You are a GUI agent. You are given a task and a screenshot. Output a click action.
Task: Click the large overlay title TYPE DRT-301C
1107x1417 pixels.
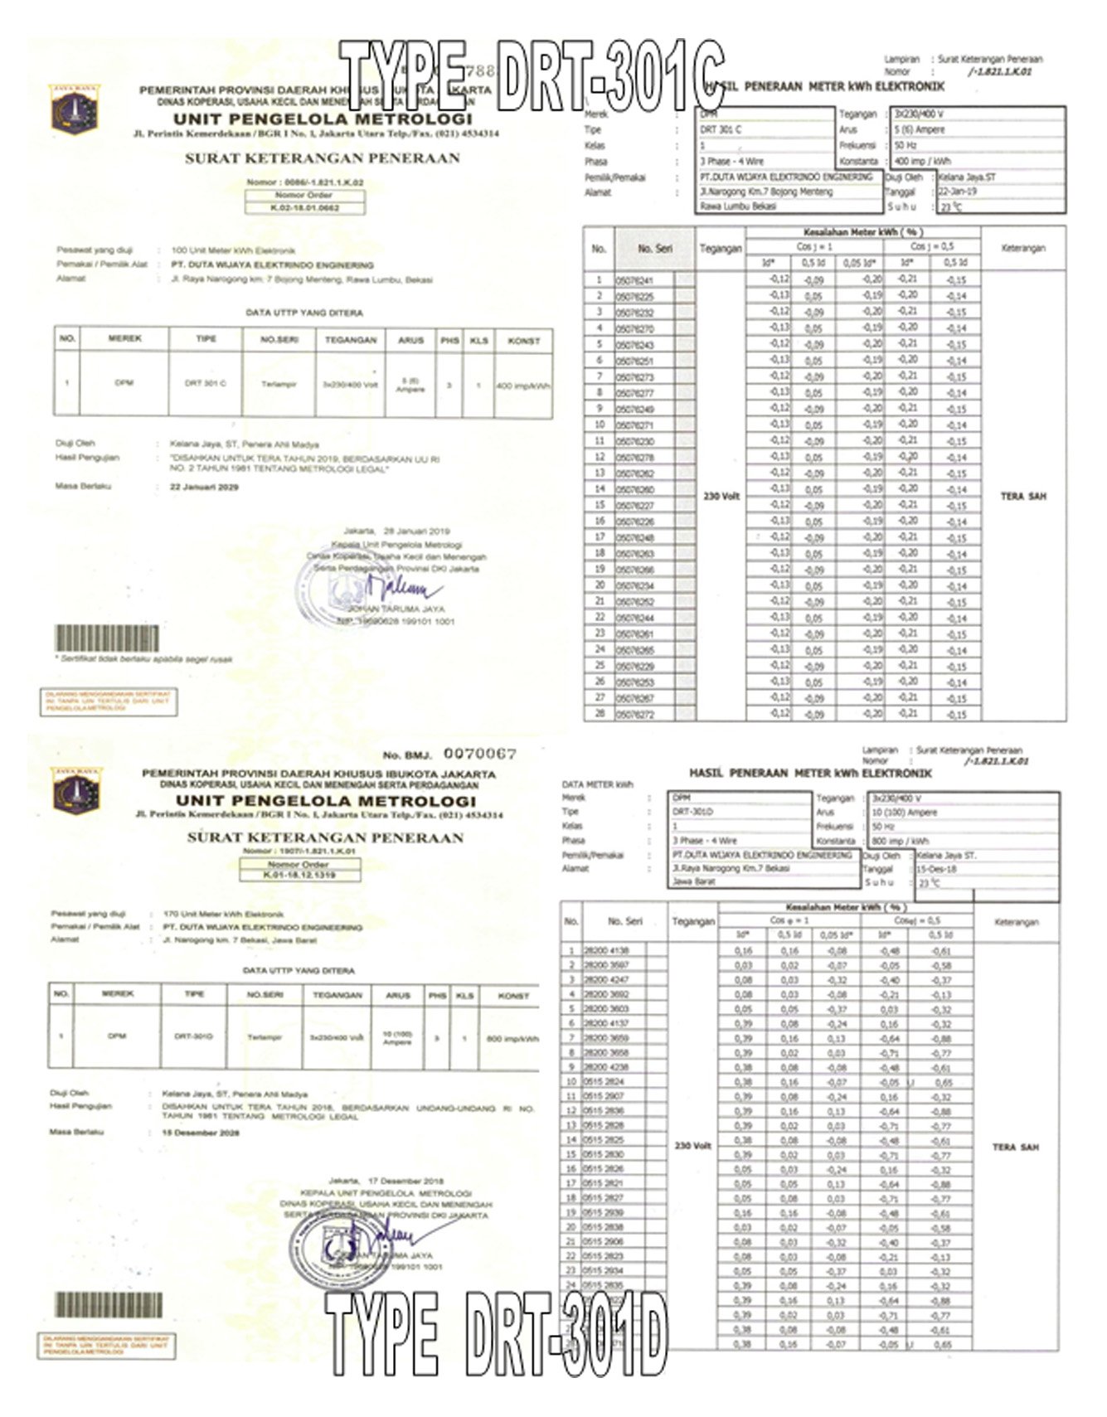click(x=531, y=76)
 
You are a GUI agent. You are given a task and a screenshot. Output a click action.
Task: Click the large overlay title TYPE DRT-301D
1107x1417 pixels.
click(x=496, y=1334)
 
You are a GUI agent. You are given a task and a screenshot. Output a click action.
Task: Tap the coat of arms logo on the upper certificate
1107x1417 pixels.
click(x=75, y=109)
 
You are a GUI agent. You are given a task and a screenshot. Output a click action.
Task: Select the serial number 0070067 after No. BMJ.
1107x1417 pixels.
click(x=479, y=754)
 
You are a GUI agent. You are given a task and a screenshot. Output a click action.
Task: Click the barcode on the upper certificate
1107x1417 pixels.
click(x=106, y=638)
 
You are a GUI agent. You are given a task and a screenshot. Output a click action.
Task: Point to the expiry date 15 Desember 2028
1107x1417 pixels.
click(x=200, y=1132)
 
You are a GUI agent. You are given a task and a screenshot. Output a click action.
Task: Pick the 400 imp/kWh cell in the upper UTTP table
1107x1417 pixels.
click(x=523, y=386)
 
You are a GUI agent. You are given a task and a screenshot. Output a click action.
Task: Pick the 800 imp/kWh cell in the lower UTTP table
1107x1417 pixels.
click(x=512, y=1039)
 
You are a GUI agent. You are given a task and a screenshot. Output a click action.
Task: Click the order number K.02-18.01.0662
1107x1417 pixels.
click(x=305, y=208)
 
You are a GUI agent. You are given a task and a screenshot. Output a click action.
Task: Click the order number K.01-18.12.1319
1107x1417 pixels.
click(x=299, y=875)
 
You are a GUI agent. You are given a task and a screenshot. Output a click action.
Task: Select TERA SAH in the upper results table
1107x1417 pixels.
click(x=1022, y=497)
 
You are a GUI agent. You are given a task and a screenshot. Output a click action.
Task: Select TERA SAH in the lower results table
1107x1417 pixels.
click(x=1015, y=1148)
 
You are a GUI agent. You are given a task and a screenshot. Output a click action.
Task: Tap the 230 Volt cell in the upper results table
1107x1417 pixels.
click(x=721, y=497)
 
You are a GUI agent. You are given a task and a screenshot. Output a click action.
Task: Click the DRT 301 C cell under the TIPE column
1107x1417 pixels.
click(x=205, y=383)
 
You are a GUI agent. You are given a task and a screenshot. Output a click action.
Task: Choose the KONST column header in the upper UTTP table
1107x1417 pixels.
click(x=523, y=341)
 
